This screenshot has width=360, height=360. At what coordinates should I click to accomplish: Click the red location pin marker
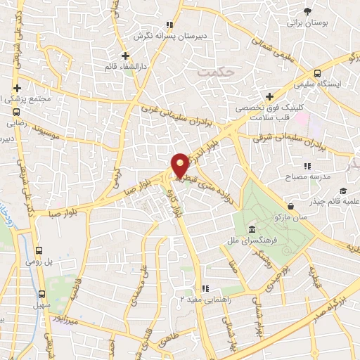point(180,165)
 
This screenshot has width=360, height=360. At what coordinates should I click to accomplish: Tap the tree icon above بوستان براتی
point(307,11)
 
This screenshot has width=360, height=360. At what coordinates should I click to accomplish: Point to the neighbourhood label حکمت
point(214,72)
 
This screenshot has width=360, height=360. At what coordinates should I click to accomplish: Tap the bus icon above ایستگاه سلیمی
point(318,72)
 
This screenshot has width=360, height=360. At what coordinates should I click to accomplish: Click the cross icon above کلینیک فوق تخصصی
point(269,96)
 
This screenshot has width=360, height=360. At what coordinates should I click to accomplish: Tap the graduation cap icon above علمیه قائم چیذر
point(342,191)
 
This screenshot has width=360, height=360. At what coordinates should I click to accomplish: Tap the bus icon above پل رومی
point(39,250)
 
